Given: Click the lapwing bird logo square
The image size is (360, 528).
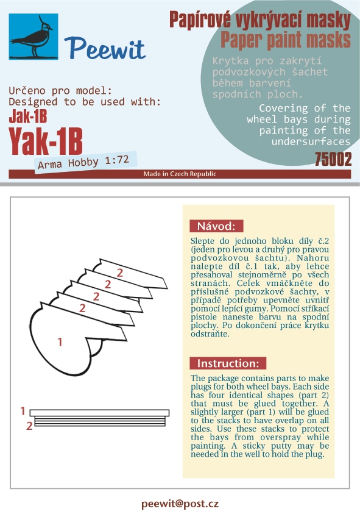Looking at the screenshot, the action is click(x=34, y=37).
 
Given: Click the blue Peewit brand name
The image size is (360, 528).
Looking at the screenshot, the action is click(x=105, y=49).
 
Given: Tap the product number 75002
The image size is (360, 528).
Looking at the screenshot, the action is click(x=333, y=159).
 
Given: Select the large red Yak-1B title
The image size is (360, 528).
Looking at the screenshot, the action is click(x=46, y=141).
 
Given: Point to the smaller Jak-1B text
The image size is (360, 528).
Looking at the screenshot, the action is click(x=27, y=116).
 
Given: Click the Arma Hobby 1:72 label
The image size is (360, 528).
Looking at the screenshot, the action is click(x=83, y=162).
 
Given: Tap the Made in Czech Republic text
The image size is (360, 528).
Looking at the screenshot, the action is click(x=180, y=174).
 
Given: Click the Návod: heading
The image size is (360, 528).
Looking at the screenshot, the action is click(x=216, y=226).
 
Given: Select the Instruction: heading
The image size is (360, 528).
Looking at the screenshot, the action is click(x=228, y=363).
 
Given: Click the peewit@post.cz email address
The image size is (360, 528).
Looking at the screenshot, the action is click(x=180, y=504).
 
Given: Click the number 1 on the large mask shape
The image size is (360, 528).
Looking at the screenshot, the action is click(x=60, y=342).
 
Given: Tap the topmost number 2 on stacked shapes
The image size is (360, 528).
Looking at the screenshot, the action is click(x=120, y=273).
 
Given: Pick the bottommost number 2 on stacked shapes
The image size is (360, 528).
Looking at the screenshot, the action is click(x=82, y=308).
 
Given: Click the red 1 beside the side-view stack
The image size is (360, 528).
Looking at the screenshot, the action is click(x=23, y=411).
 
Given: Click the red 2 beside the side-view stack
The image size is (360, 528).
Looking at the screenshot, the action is click(x=29, y=426).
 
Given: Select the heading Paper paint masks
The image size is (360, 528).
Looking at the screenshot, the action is click(x=285, y=40).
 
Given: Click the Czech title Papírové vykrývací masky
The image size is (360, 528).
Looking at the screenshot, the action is click(x=259, y=20).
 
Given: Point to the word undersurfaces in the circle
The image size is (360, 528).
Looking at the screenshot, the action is click(x=311, y=141).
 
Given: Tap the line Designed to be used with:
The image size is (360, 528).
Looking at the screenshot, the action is click(x=85, y=102).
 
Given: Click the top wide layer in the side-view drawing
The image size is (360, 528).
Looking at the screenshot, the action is click(x=99, y=413).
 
